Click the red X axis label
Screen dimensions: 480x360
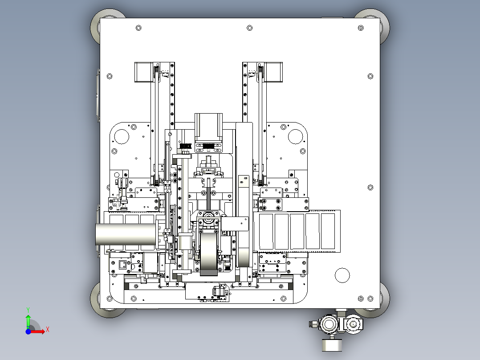(x=48, y=330)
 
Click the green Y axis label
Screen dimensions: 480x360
(x=28, y=310)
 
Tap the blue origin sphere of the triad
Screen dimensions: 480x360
(x=28, y=331)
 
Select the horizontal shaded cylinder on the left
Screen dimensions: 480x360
(x=126, y=234)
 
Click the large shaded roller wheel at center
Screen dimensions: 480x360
(x=209, y=253)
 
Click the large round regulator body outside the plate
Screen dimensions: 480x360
(x=329, y=324)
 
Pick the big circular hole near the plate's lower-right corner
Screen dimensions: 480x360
(x=342, y=275)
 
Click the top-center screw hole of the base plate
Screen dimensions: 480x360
(x=249, y=28)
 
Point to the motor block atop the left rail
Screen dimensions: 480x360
(x=143, y=72)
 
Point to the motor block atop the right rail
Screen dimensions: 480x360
(x=273, y=72)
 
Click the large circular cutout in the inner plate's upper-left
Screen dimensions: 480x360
(x=121, y=137)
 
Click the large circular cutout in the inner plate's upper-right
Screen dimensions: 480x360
(x=295, y=137)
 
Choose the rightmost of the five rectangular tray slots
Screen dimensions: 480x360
(x=328, y=231)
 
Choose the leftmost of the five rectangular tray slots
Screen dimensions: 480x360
(x=266, y=232)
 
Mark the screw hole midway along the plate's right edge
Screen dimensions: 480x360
(x=370, y=187)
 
